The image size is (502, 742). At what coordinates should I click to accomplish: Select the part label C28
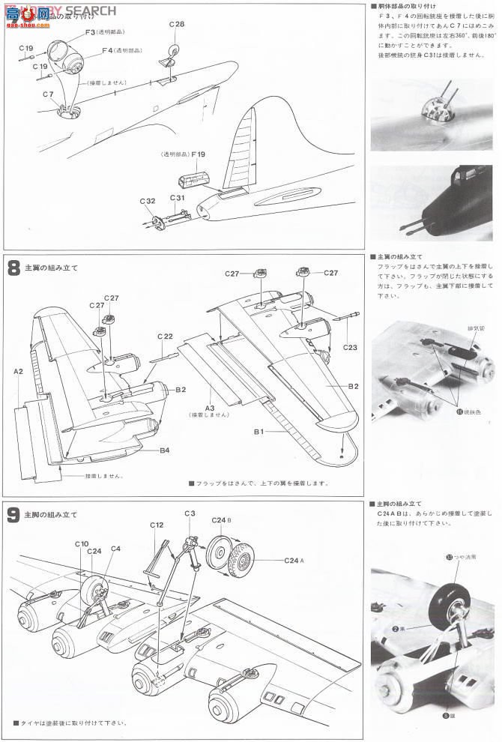[x=176, y=25]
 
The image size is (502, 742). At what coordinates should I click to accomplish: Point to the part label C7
[x=48, y=94]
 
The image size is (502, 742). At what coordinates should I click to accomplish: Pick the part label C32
[x=147, y=200]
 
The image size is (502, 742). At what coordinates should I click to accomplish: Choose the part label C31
[x=177, y=198]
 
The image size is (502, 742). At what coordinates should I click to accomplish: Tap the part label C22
[x=166, y=336]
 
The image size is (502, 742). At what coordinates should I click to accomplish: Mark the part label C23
[x=350, y=347]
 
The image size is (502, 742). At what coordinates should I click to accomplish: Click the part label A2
[x=19, y=370]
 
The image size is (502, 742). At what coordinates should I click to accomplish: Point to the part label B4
[x=164, y=450]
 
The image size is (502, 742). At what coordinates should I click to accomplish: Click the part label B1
[x=258, y=432]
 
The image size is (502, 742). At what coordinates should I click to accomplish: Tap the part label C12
[x=157, y=525]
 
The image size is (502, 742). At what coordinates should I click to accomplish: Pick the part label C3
[x=190, y=513]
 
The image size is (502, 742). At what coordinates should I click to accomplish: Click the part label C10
[x=82, y=543]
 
